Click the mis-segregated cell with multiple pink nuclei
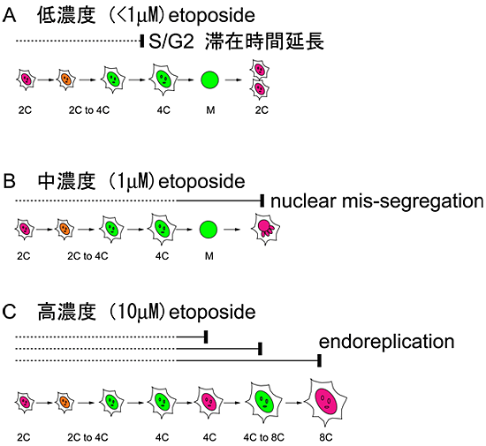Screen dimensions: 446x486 coord(263,231)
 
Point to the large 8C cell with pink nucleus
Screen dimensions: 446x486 coord(325,402)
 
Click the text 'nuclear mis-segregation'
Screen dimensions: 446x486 coord(376,201)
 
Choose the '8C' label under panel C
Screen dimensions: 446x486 coord(325,437)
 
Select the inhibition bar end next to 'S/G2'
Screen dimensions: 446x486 coord(142,41)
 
